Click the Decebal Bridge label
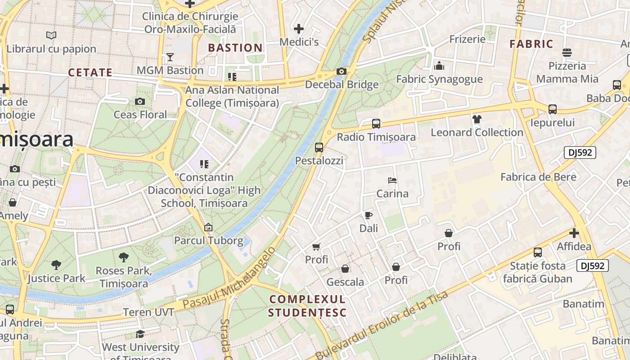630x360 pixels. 342,85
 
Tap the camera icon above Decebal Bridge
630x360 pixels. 341,71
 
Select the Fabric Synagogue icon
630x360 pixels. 439,66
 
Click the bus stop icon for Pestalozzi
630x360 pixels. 319,147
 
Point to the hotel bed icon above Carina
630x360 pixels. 392,180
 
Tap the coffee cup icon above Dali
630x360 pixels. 369,215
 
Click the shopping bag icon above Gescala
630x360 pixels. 345,269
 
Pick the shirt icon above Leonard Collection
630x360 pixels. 477,119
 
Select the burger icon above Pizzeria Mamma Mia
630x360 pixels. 567,53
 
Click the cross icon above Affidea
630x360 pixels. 574,233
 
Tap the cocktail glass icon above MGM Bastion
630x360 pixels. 170,57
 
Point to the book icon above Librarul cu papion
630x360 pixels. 51,35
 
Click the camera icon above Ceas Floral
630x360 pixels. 140,101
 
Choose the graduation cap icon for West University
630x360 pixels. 140,334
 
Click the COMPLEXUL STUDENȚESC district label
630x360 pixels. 307,306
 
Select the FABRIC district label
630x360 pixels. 531,44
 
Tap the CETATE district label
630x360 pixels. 90,72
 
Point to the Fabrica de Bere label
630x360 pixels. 538,177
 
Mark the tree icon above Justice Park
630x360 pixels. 56,265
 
